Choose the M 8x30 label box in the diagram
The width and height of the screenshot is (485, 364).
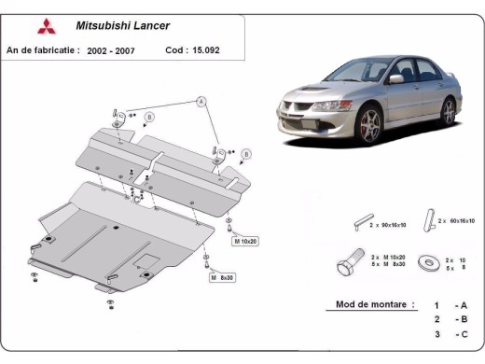[x=222, y=278]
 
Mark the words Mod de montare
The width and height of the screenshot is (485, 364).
[x=368, y=305]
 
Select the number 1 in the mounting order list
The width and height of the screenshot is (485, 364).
[x=436, y=305]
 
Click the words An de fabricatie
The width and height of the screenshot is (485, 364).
[x=43, y=49]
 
